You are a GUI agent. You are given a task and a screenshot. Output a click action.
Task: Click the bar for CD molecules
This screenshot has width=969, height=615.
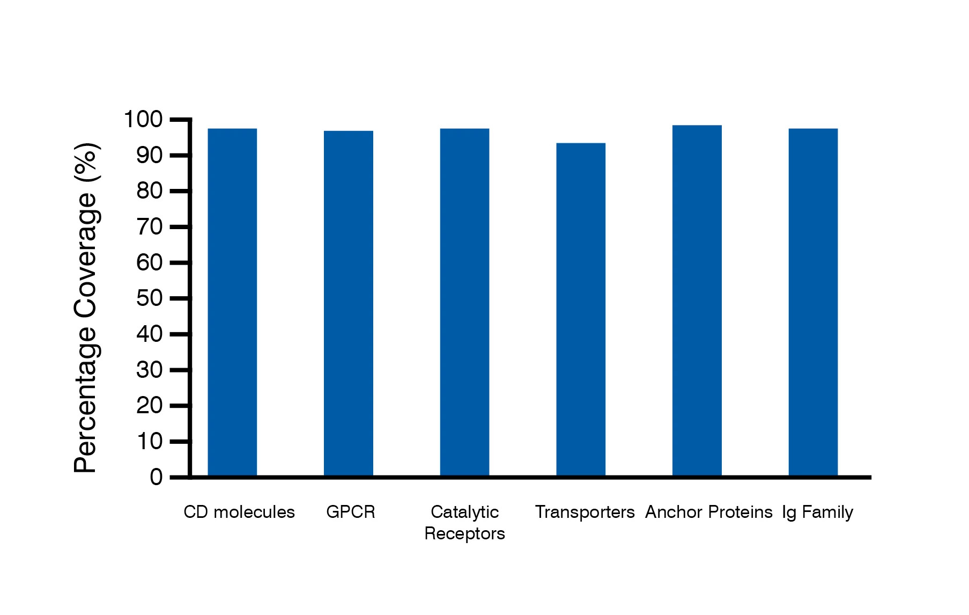point(232,302)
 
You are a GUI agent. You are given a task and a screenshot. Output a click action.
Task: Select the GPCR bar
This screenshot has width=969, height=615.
point(349,303)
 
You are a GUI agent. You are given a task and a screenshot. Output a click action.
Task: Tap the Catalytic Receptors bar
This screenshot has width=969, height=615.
point(464,302)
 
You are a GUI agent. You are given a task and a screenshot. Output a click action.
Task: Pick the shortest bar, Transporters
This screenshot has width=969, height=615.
point(581,309)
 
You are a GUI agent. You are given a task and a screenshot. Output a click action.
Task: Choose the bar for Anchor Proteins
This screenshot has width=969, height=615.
point(697,301)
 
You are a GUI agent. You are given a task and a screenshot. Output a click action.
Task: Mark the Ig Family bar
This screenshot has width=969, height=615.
point(813,302)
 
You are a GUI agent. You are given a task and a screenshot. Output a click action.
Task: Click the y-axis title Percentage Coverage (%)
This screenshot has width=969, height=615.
point(86,307)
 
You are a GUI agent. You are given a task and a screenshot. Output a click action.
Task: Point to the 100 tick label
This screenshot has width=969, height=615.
point(143,119)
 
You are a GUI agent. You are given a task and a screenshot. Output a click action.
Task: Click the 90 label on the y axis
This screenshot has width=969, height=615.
point(149,156)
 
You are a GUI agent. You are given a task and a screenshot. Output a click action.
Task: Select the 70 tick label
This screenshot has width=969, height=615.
point(149,227)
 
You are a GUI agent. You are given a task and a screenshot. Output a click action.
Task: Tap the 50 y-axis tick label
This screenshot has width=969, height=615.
point(149,298)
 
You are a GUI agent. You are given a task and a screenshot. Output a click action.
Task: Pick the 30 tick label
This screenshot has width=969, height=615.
point(149,370)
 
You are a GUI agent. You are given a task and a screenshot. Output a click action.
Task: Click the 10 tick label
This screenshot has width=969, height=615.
point(149,442)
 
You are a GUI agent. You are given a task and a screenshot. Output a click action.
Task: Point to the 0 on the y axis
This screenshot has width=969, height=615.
point(156,477)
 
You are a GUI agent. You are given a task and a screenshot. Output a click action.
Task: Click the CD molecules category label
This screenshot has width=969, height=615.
point(239,512)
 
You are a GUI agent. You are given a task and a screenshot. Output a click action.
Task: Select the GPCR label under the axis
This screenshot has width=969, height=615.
point(351,512)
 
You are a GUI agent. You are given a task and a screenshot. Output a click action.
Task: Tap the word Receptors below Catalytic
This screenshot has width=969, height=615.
point(464,534)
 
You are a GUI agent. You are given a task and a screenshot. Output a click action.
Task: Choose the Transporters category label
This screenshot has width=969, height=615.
point(585,512)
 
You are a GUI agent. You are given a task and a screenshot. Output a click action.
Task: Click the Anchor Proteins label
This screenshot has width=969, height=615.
point(708,512)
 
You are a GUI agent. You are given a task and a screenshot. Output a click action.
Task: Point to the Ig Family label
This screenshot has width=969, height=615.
point(817,512)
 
